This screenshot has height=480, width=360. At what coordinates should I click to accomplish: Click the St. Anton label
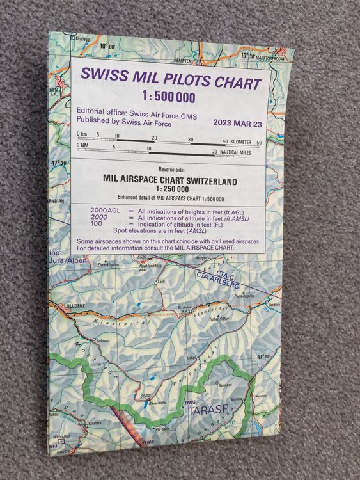pos(184,307)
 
